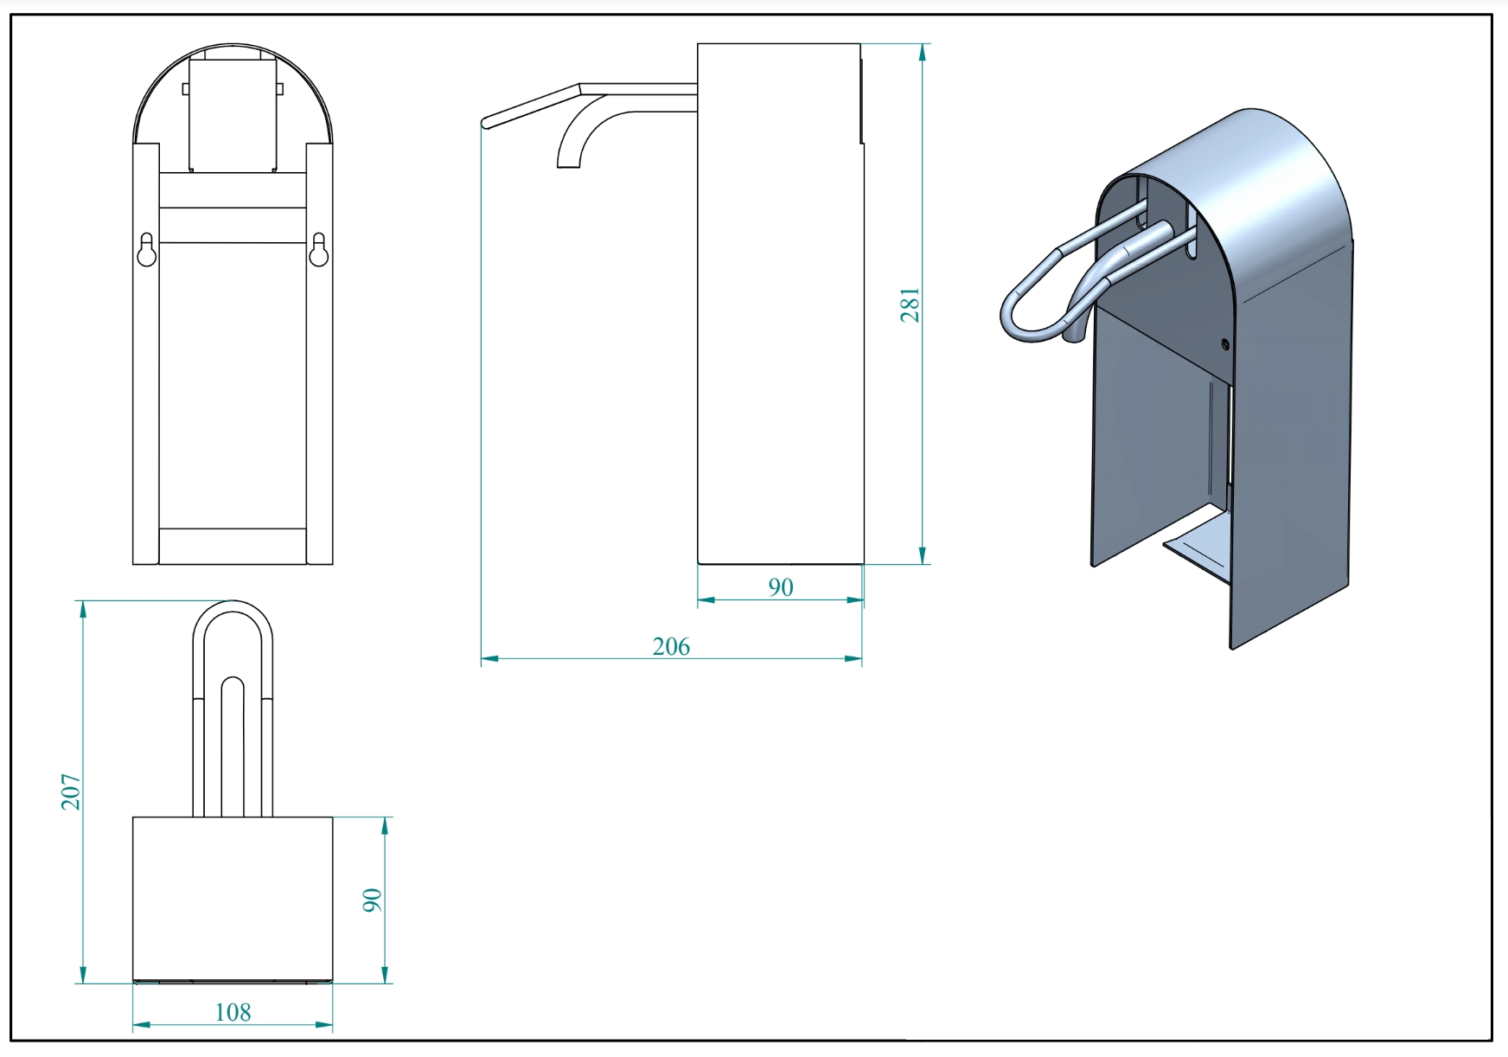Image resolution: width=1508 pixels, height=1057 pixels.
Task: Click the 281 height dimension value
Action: pyautogui.click(x=911, y=305)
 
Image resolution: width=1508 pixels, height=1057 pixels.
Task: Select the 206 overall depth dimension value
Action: pyautogui.click(x=671, y=647)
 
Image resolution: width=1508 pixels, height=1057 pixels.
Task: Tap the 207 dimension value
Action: pyautogui.click(x=71, y=791)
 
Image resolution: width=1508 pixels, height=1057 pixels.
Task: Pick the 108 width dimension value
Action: pyautogui.click(x=233, y=1012)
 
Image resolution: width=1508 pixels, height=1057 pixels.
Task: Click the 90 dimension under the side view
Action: pyautogui.click(x=781, y=587)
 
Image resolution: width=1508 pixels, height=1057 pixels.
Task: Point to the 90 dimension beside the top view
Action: pyautogui.click(x=372, y=900)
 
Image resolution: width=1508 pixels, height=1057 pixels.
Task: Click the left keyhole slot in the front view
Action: pyautogui.click(x=146, y=249)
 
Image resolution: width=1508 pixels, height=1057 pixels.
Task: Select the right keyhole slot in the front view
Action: pyautogui.click(x=318, y=249)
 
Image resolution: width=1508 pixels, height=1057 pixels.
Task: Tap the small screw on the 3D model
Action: pyautogui.click(x=1225, y=344)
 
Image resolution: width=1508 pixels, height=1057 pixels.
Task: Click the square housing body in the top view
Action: pyautogui.click(x=233, y=899)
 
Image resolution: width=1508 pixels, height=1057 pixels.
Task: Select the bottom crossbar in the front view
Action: pyautogui.click(x=233, y=546)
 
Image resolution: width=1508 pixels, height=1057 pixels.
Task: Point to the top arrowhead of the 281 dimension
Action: pyautogui.click(x=923, y=52)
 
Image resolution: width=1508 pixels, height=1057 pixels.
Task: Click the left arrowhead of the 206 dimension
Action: pyautogui.click(x=489, y=659)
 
